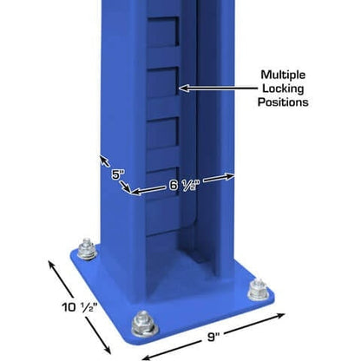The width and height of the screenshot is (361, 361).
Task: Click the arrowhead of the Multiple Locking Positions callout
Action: [x=179, y=88]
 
